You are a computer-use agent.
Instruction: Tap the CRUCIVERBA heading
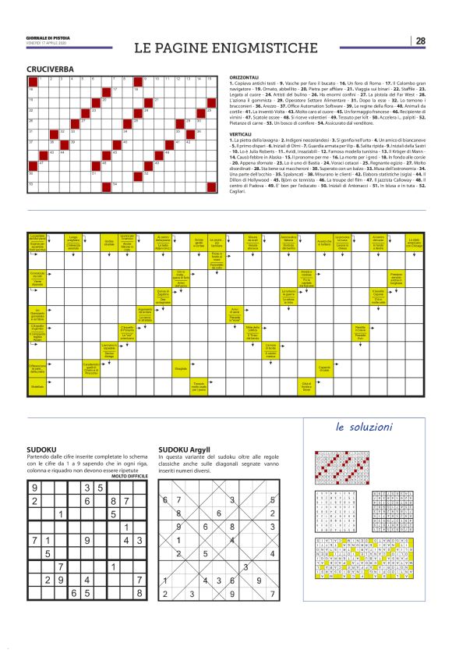pyautogui.click(x=51, y=69)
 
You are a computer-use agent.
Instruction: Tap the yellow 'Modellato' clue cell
pyautogui.click(x=37, y=386)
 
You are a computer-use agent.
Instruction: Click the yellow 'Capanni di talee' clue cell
pyautogui.click(x=324, y=368)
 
